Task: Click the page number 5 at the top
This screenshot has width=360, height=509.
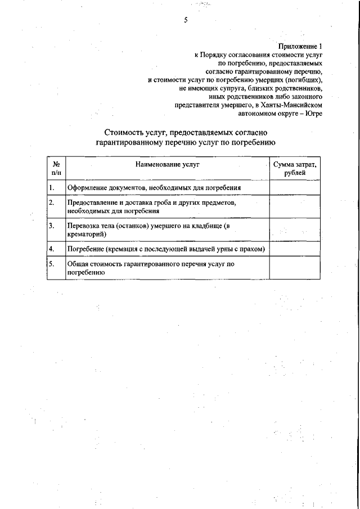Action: [185, 21]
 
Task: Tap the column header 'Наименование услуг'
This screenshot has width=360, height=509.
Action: [167, 164]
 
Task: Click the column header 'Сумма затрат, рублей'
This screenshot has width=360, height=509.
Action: [295, 168]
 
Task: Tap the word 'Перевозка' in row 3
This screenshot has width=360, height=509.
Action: [83, 226]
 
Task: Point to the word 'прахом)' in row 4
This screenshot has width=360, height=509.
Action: [253, 249]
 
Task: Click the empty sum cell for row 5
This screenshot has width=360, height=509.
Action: [295, 268]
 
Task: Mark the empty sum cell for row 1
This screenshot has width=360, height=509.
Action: [295, 187]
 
